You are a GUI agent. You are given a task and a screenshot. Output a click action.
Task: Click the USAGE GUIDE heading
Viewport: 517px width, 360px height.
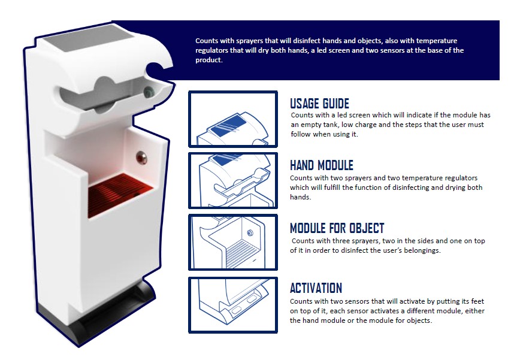click(319, 104)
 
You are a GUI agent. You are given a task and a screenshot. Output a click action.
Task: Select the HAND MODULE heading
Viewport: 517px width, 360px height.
click(322, 165)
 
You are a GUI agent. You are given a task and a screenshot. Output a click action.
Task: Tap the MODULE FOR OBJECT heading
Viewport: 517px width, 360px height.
click(337, 228)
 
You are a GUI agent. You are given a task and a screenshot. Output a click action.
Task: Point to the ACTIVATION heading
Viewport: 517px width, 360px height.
click(316, 288)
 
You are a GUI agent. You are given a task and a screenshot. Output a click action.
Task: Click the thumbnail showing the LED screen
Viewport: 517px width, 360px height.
click(233, 119)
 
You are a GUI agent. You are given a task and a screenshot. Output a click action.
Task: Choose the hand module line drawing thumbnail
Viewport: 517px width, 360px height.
click(233, 181)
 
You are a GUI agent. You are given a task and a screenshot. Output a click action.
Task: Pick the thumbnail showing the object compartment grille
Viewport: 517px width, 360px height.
click(233, 243)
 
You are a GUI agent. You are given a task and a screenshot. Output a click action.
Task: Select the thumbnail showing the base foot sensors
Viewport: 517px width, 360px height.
click(233, 305)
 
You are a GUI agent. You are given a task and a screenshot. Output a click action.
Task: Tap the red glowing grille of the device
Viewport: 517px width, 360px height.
click(119, 195)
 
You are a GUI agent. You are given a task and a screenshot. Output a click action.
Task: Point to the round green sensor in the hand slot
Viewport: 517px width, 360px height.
click(149, 91)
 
